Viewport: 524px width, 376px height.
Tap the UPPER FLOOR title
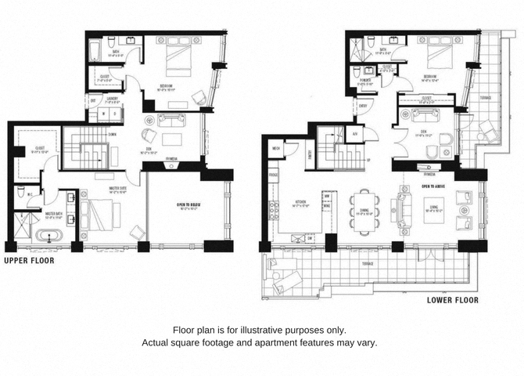30,261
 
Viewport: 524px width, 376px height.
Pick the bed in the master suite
95,212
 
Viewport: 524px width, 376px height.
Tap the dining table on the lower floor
364,208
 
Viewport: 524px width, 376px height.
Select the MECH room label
276,146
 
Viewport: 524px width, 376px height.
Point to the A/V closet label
354,134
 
